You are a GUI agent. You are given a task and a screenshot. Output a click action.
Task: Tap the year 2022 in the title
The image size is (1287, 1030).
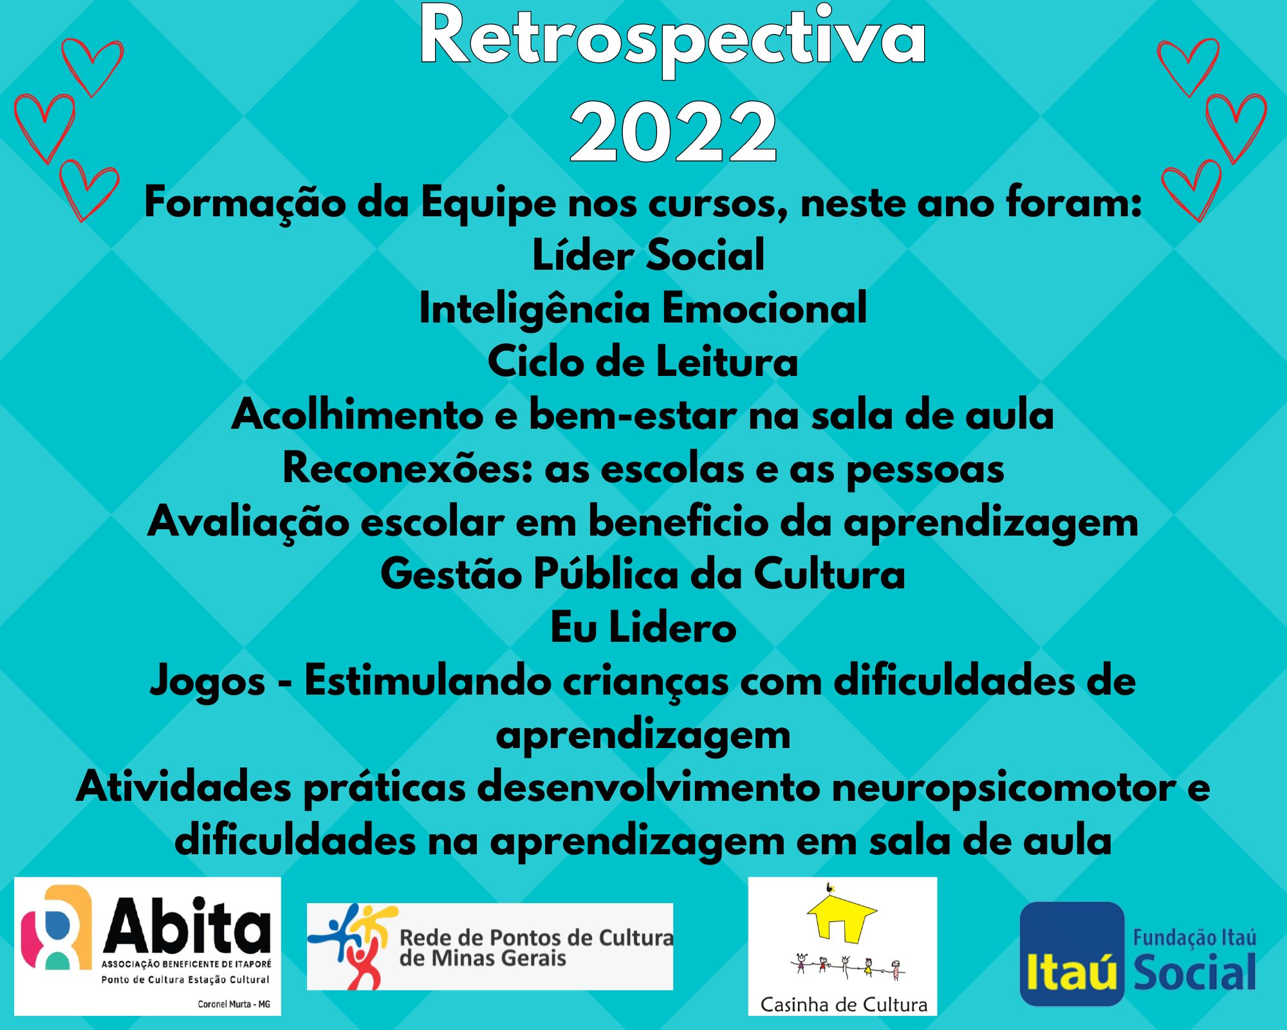pos(674,132)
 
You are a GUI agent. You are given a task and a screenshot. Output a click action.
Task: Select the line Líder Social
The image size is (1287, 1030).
pos(649,255)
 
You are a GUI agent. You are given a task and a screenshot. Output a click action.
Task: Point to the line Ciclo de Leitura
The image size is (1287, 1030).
pos(643,362)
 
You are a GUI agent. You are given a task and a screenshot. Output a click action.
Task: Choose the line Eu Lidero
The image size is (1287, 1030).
pos(643,628)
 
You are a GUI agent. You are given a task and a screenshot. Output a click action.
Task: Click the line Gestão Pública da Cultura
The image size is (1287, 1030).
pos(643,574)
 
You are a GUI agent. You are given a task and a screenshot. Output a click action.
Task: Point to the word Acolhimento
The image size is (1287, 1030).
pos(357,415)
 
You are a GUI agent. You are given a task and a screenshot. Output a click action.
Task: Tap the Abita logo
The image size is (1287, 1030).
pos(147,946)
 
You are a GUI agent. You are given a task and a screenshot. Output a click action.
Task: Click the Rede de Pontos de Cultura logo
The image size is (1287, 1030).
pos(490,946)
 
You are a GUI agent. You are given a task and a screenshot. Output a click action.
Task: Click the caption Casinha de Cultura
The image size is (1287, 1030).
pos(844,1004)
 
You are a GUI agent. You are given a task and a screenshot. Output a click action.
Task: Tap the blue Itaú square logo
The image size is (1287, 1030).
pos(1072,953)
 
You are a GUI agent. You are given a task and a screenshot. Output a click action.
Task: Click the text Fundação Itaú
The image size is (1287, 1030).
pos(1194,937)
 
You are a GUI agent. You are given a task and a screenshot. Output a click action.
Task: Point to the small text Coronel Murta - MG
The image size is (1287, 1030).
pos(234,1004)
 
